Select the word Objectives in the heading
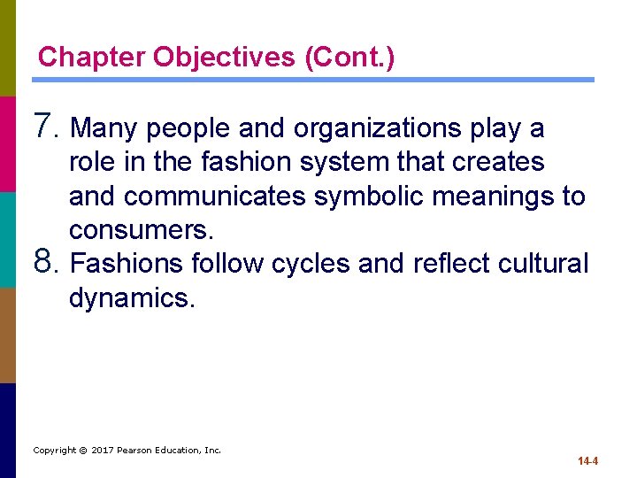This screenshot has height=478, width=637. [225, 58]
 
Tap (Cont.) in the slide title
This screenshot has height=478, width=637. [349, 58]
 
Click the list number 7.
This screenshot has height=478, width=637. [46, 127]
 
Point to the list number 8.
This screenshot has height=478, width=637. [46, 263]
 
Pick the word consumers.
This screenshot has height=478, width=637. [141, 230]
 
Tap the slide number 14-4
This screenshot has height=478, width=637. [587, 461]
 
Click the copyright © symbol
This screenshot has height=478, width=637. [81, 450]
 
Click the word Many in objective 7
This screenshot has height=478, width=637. [104, 129]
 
